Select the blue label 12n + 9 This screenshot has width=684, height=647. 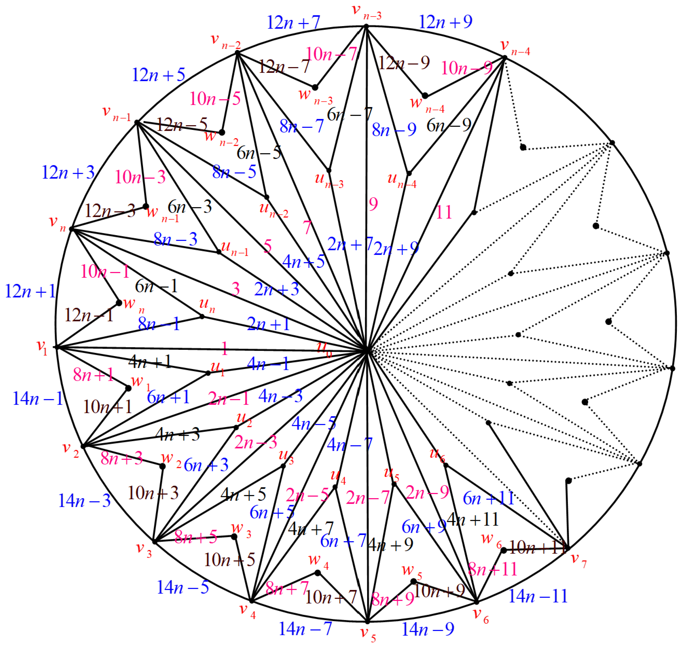point(445,22)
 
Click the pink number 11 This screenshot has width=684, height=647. point(444,212)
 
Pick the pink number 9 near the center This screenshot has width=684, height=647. point(373,204)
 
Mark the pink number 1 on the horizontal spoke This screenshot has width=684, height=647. point(225,349)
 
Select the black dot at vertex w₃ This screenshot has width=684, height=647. point(234,537)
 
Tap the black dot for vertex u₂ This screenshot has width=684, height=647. point(236,428)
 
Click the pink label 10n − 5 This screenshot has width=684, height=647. point(215,99)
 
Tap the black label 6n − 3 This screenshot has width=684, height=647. point(189,207)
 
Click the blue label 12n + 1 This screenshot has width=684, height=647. point(30,291)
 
